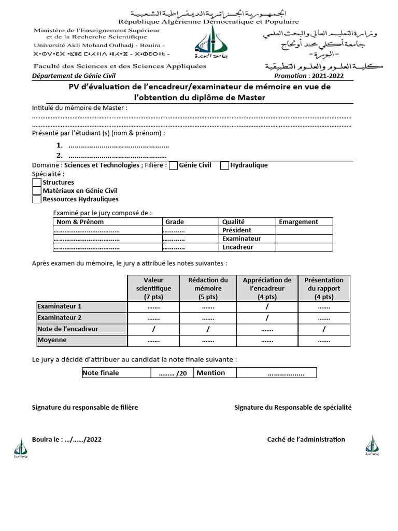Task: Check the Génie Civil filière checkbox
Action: point(174,165)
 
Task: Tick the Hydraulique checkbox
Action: point(224,165)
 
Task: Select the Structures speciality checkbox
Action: point(37,183)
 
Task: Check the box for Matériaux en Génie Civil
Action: point(37,191)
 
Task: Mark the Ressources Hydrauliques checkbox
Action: point(37,199)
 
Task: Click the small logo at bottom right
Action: point(372,445)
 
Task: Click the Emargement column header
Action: point(298,222)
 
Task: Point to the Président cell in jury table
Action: point(236,230)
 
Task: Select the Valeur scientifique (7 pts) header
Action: point(153,288)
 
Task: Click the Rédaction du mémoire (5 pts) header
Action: point(208,288)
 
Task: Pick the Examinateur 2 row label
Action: point(60,317)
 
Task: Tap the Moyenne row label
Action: point(52,340)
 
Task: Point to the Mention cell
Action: point(211,373)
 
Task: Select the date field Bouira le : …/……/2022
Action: point(67,439)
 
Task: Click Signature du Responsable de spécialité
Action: point(293,408)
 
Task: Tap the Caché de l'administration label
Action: point(306,439)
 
